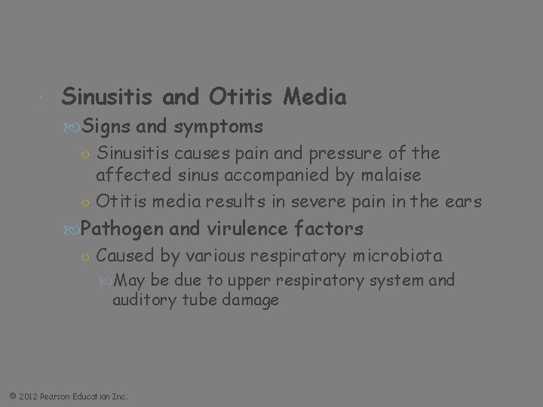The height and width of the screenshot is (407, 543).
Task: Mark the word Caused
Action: [125, 256]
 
